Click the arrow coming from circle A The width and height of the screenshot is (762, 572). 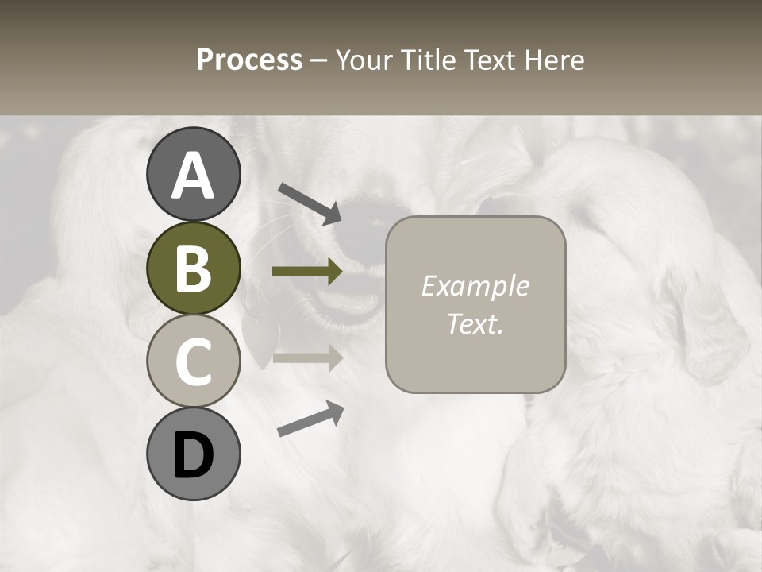(x=310, y=203)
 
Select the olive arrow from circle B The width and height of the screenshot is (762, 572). (x=307, y=272)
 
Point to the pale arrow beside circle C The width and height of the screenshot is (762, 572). (x=307, y=357)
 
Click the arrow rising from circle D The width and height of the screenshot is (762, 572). (x=310, y=419)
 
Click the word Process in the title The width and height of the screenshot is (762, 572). (x=249, y=60)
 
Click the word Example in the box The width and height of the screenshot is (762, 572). (x=475, y=286)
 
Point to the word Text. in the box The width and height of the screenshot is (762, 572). (x=475, y=323)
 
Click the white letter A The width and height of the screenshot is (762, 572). (x=193, y=176)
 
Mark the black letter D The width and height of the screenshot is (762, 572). (x=193, y=455)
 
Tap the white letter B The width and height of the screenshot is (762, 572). (x=193, y=269)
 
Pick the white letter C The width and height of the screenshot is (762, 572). (x=193, y=361)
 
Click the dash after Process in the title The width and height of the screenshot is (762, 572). (x=319, y=60)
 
